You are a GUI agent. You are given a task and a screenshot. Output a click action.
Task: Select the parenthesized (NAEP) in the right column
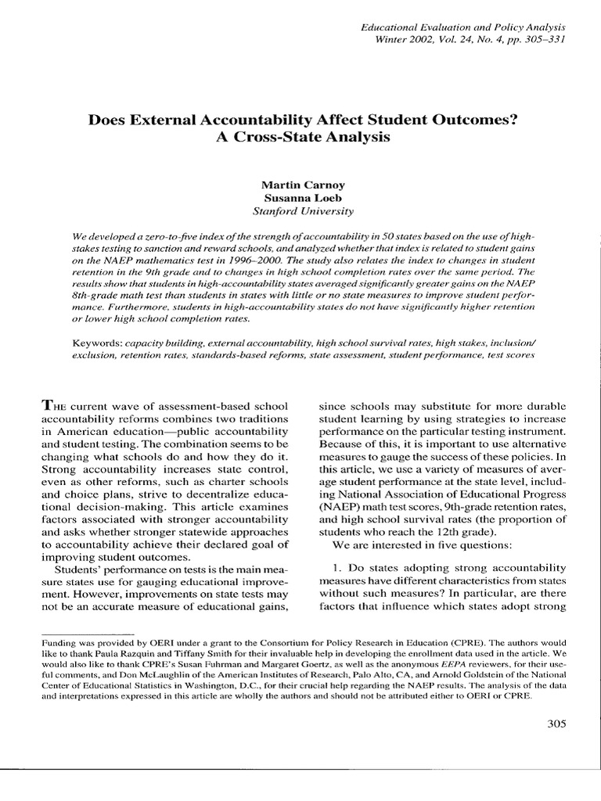(342, 517)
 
